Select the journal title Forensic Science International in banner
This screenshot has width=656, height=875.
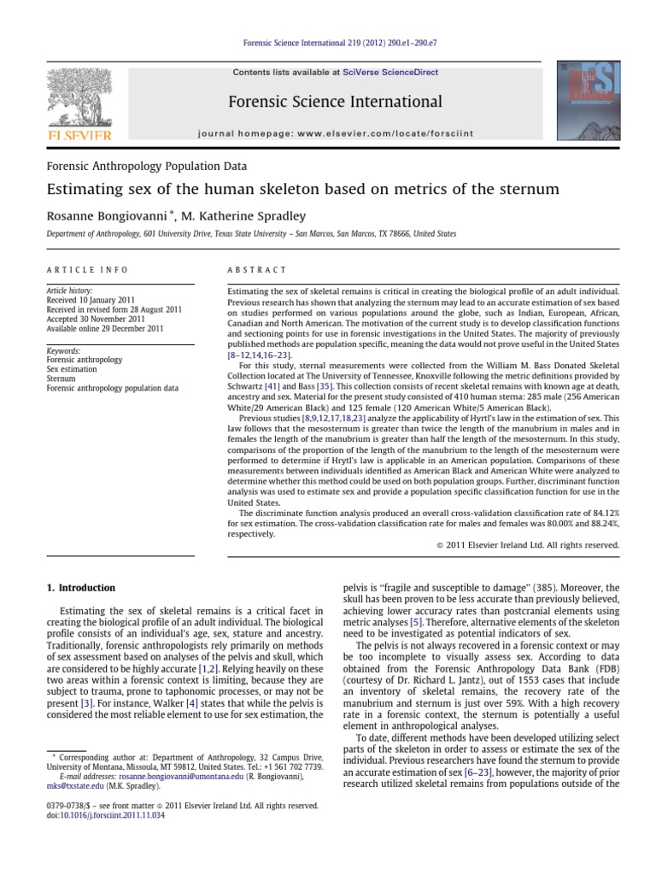pos(335,103)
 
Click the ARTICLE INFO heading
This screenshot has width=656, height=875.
pos(86,270)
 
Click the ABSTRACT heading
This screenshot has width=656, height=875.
pos(256,270)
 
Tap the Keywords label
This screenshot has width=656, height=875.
pos(63,351)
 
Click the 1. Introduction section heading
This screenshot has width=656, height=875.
pos(79,588)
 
